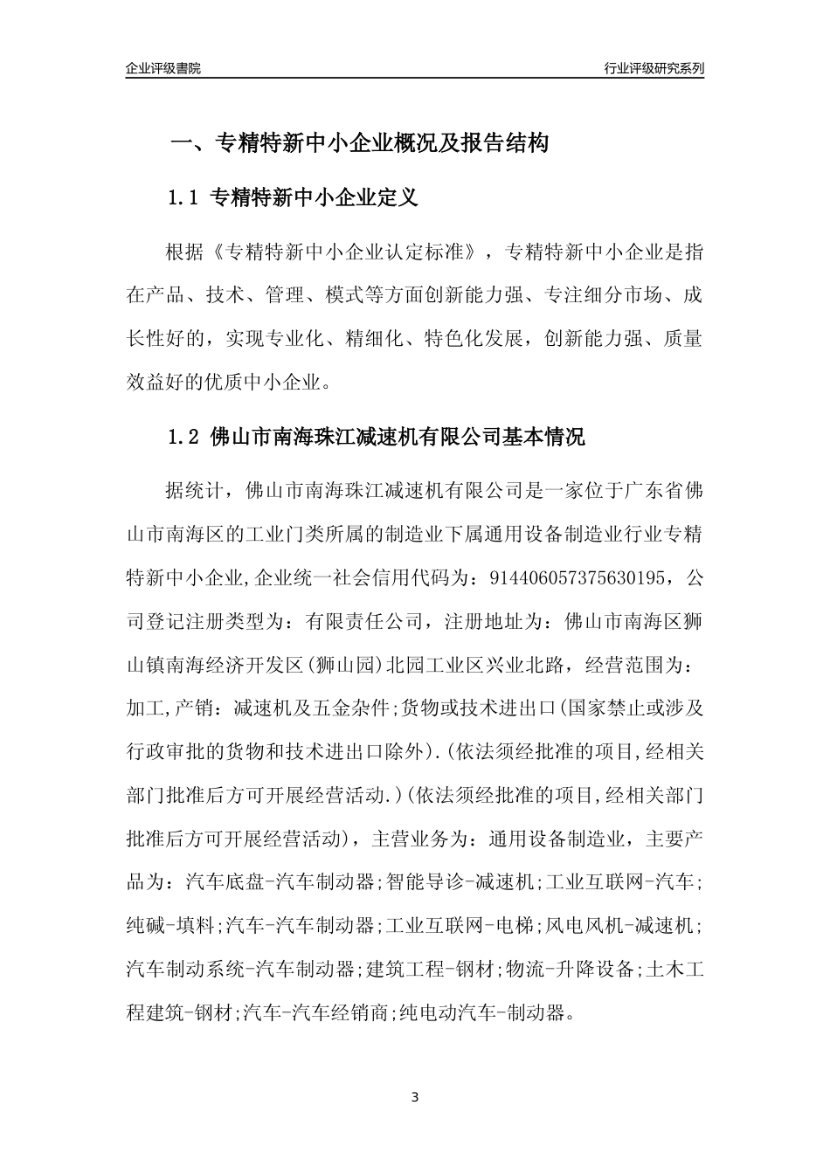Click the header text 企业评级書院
163,68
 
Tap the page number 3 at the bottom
415,1097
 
